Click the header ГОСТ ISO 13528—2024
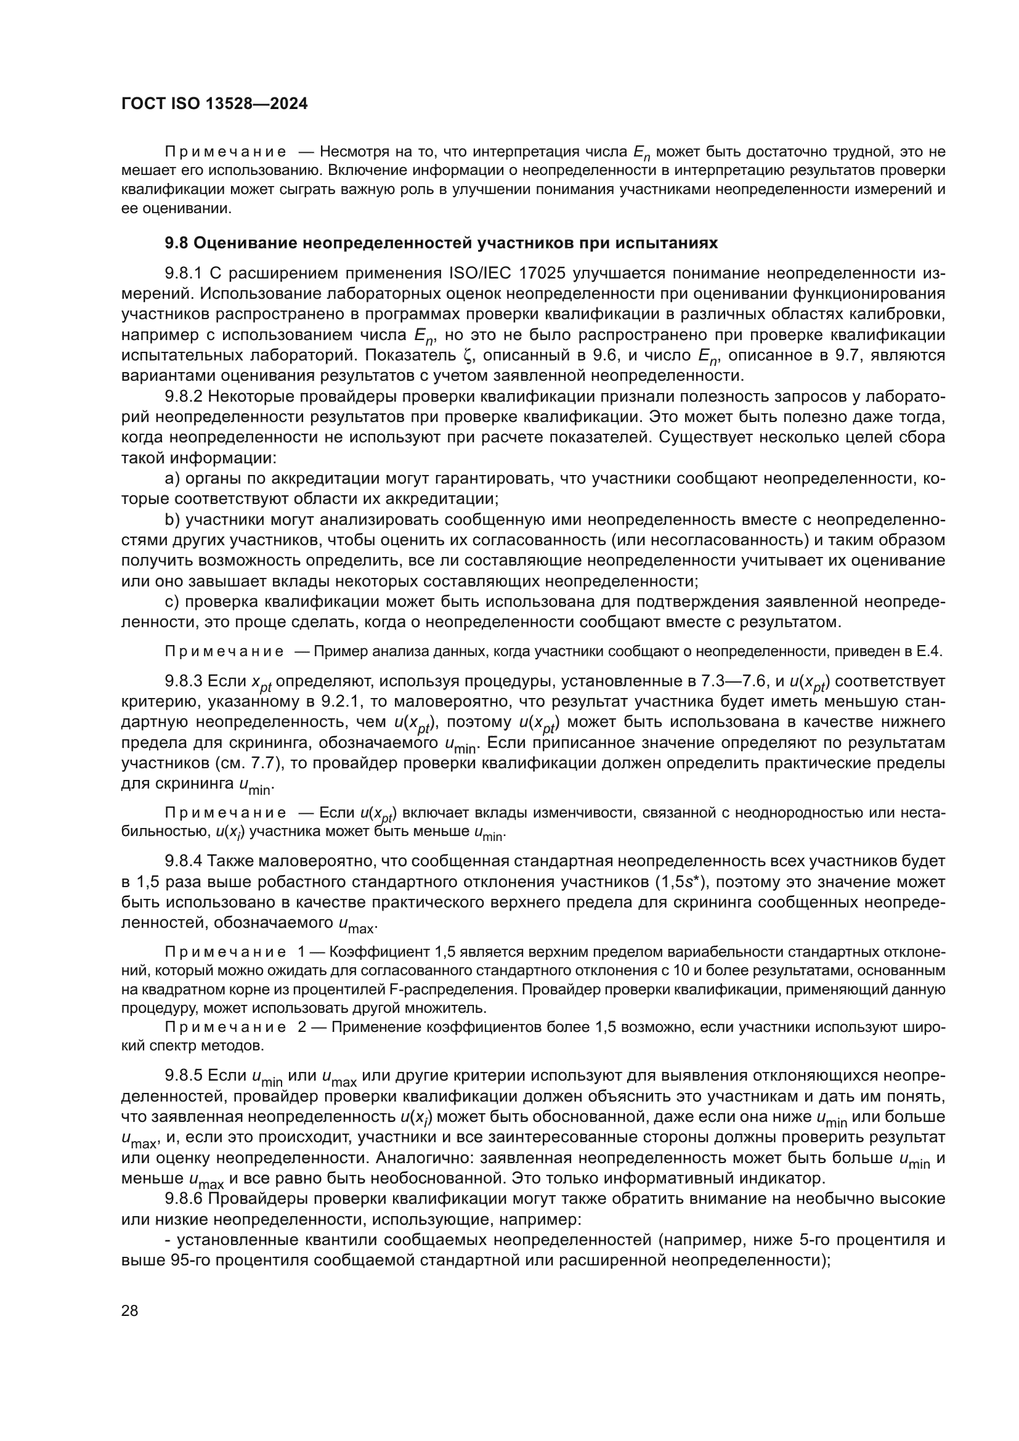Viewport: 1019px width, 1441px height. click(214, 104)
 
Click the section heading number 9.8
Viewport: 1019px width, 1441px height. click(175, 243)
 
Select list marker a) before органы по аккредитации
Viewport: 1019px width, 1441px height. click(172, 479)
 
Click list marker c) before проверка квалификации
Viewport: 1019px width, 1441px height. click(172, 602)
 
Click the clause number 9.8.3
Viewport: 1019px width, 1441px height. click(184, 681)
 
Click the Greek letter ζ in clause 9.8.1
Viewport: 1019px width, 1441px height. click(466, 356)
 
